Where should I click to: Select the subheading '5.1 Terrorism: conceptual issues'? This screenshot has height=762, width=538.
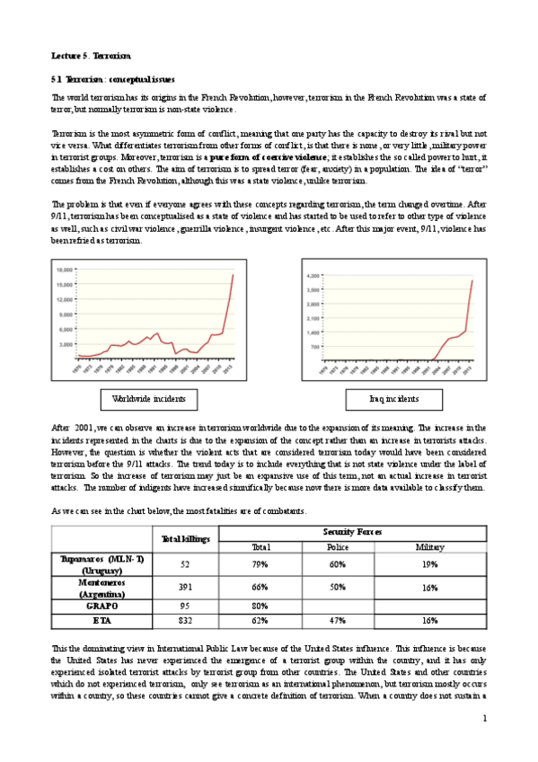113,79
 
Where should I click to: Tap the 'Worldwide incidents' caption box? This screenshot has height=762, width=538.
148,399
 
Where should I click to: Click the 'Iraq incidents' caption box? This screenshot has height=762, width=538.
393,399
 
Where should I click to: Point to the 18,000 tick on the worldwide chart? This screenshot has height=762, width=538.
65,270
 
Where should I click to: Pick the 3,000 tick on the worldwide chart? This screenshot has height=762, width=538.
66,344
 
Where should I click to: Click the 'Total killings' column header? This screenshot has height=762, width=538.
185,538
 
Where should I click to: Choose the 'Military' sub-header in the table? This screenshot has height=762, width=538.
429,547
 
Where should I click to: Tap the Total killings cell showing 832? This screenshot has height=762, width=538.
185,619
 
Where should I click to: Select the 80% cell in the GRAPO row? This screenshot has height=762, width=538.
261,606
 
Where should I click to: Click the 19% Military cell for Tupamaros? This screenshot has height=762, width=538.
429,564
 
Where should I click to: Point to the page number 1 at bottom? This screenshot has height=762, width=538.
484,718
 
